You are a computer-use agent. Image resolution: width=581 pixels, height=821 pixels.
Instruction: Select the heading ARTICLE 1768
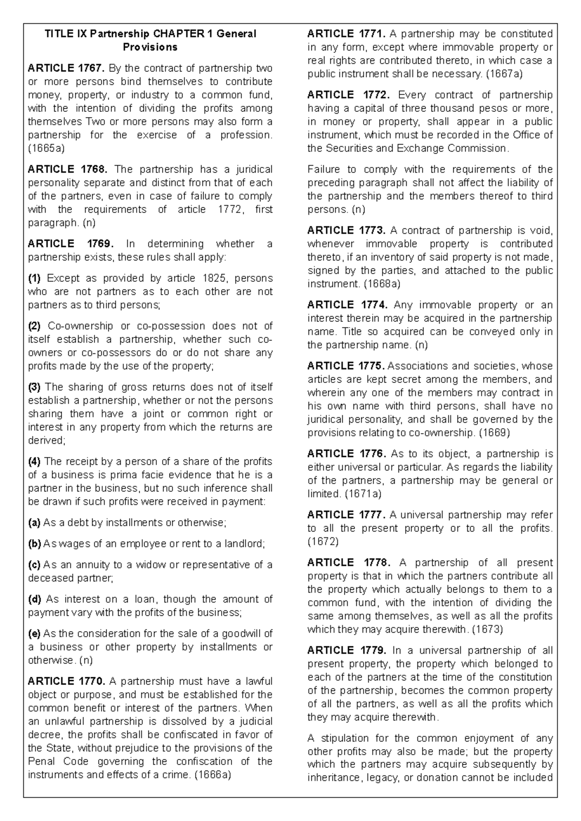click(x=65, y=169)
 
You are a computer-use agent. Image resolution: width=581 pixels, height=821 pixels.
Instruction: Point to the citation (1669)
click(x=494, y=433)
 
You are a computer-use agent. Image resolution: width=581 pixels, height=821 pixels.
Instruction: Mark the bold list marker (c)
click(x=34, y=565)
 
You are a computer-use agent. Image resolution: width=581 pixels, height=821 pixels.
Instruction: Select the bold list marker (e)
click(x=34, y=634)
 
